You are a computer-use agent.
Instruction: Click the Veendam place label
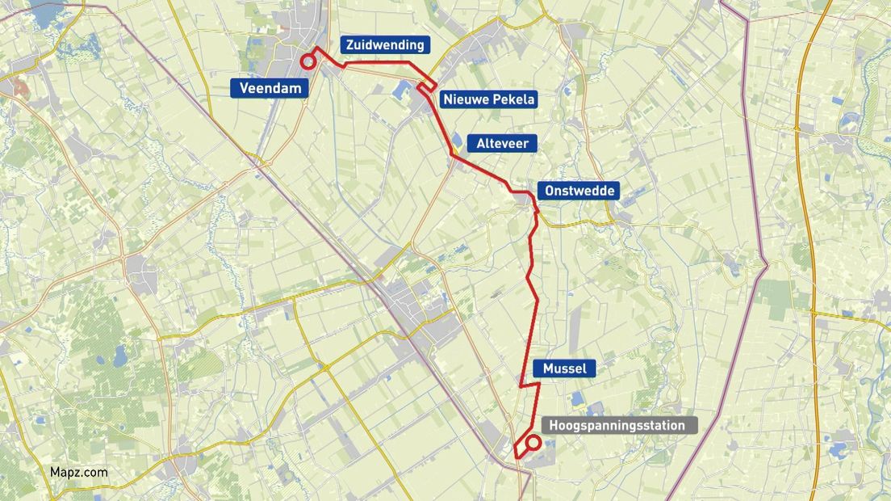270,89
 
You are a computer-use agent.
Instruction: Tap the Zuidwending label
384,45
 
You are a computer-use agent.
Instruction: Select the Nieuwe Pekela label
488,99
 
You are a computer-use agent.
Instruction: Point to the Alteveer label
502,143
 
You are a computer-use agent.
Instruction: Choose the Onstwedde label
579,192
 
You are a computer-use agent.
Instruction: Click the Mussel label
564,369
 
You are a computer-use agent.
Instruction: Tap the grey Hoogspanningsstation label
617,426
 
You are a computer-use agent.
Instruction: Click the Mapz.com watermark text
78,473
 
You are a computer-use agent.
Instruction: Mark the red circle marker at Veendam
307,62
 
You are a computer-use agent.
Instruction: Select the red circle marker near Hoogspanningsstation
533,442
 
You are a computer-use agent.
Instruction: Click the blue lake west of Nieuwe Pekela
404,90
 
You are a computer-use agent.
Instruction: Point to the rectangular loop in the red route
428,86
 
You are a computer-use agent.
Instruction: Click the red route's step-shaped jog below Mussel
529,386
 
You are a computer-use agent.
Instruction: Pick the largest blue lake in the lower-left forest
120,356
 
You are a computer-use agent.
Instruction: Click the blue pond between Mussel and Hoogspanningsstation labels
577,398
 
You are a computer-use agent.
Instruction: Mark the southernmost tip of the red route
516,458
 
